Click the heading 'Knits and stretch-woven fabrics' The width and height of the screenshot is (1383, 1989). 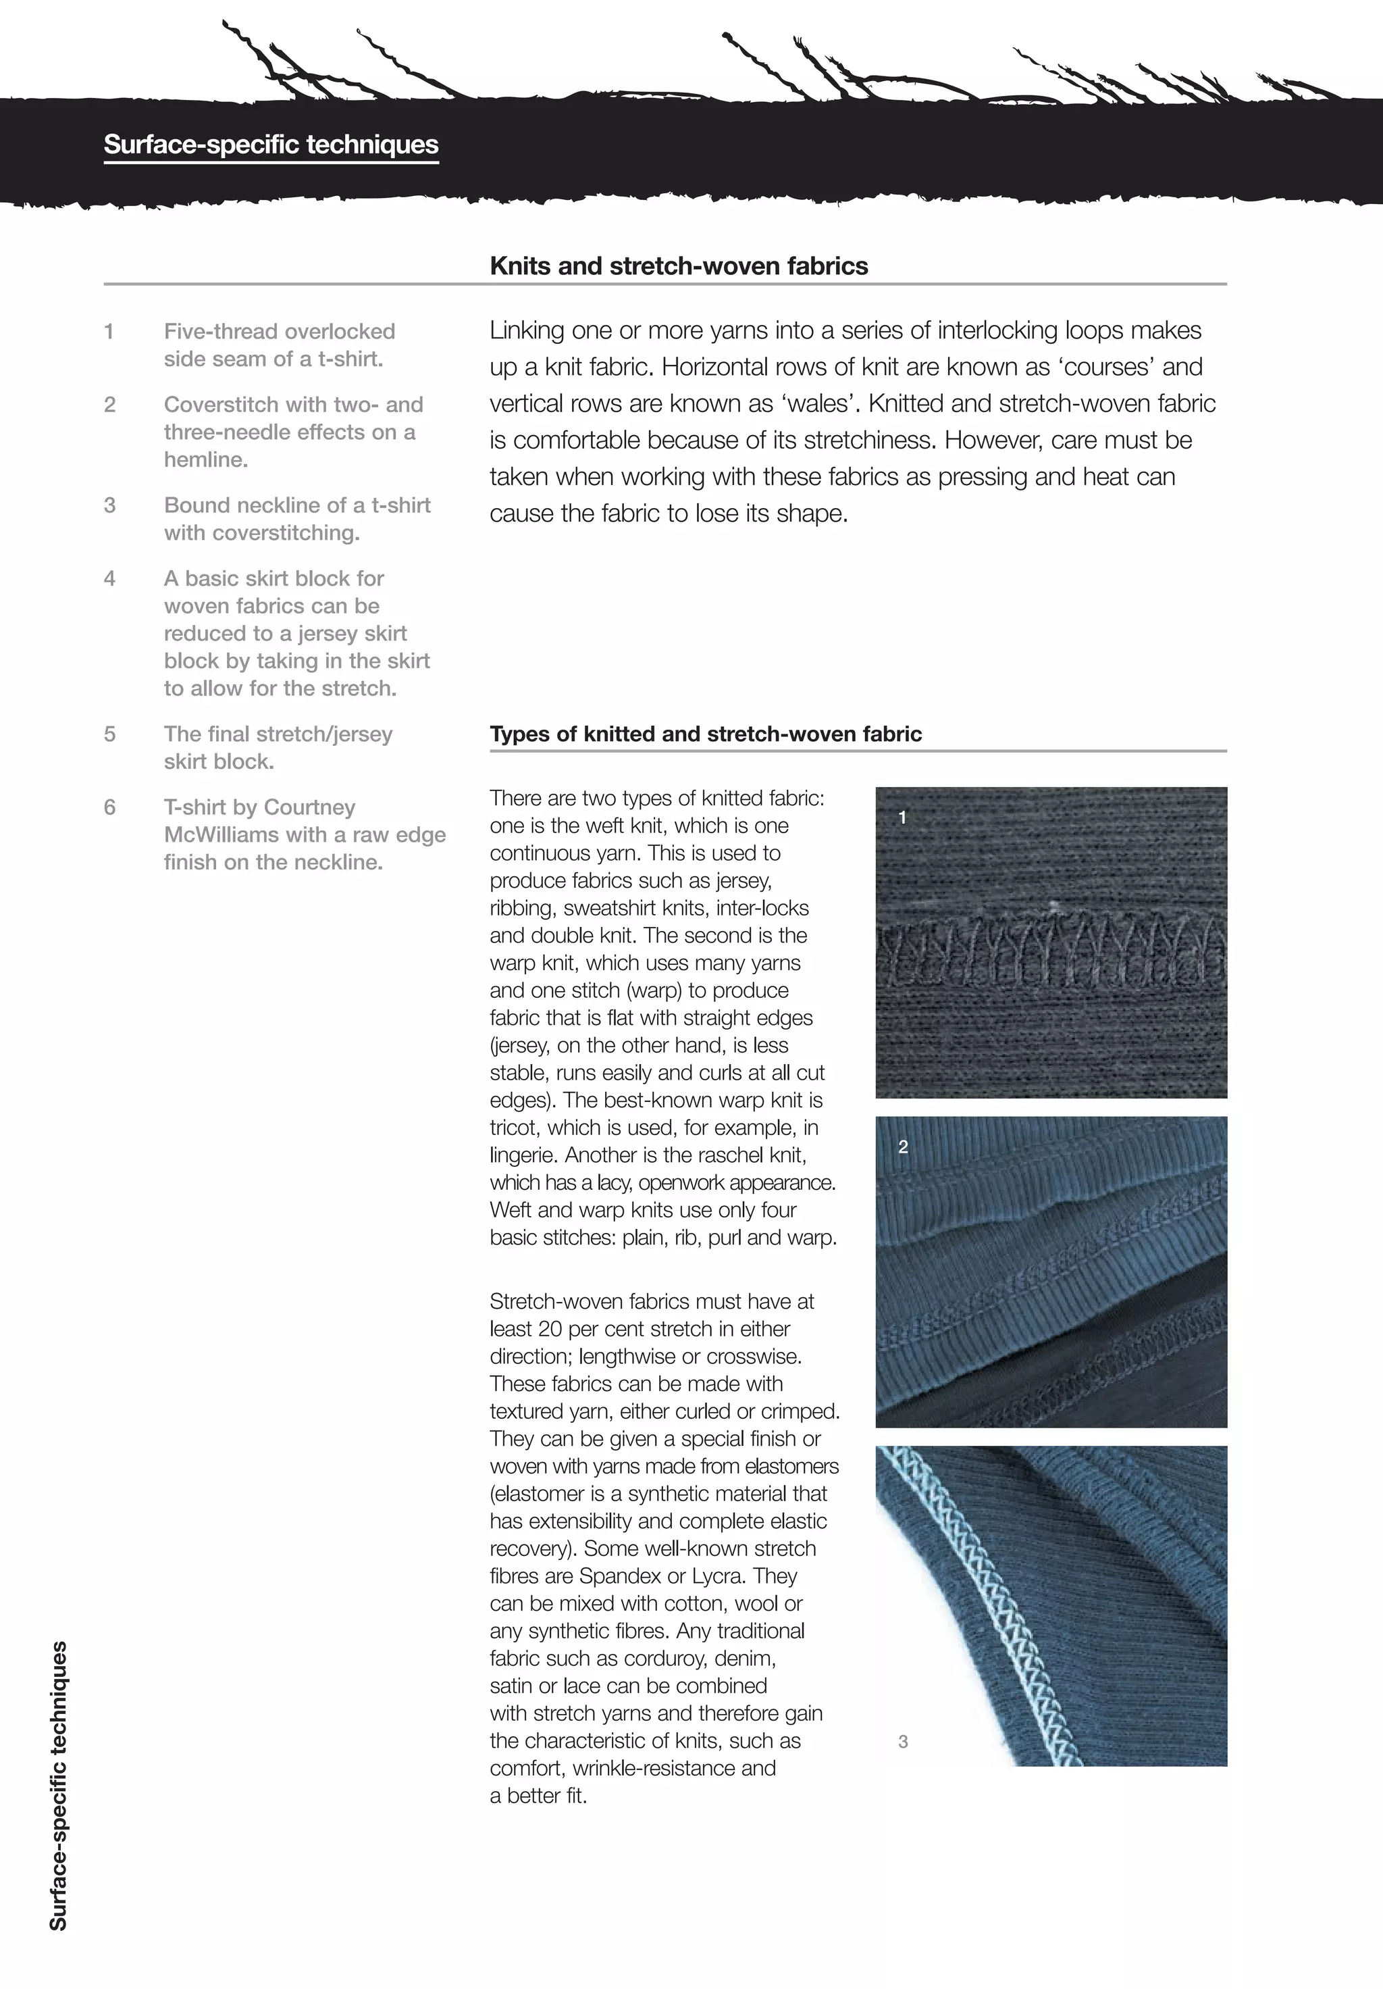pyautogui.click(x=678, y=266)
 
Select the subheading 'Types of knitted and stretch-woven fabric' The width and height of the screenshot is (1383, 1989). pyautogui.click(x=705, y=734)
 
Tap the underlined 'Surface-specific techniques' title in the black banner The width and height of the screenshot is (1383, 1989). pyautogui.click(x=271, y=145)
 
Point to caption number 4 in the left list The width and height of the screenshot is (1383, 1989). pyautogui.click(x=110, y=579)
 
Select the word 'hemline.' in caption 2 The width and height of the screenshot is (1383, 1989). pyautogui.click(x=206, y=460)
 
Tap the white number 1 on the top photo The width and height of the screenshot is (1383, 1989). pyautogui.click(x=902, y=817)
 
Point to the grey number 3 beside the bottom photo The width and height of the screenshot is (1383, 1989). pyautogui.click(x=904, y=1741)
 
